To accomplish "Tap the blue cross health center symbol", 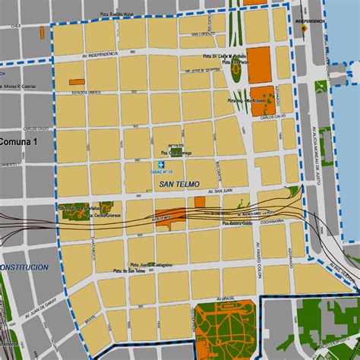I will point(160,165).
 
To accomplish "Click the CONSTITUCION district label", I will point(24,268).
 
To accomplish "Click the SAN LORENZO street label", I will point(203,34).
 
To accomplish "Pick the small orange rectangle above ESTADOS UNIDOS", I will point(77,81).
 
